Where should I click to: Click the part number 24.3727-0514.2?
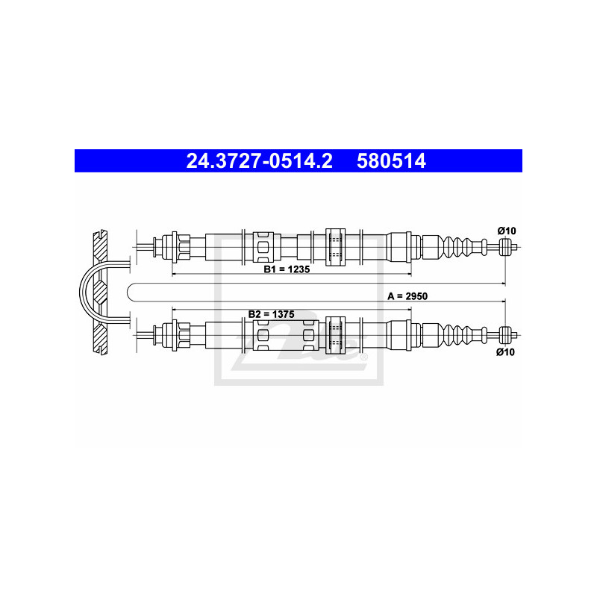point(259,160)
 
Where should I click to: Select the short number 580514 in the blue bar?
point(391,160)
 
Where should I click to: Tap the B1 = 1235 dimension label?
point(287,269)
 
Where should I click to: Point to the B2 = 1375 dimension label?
point(271,314)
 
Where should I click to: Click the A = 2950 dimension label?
point(407,296)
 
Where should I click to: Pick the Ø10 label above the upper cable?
point(507,231)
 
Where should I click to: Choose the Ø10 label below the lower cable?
point(505,351)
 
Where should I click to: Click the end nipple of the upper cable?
point(505,247)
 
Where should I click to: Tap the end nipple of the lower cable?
point(505,335)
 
